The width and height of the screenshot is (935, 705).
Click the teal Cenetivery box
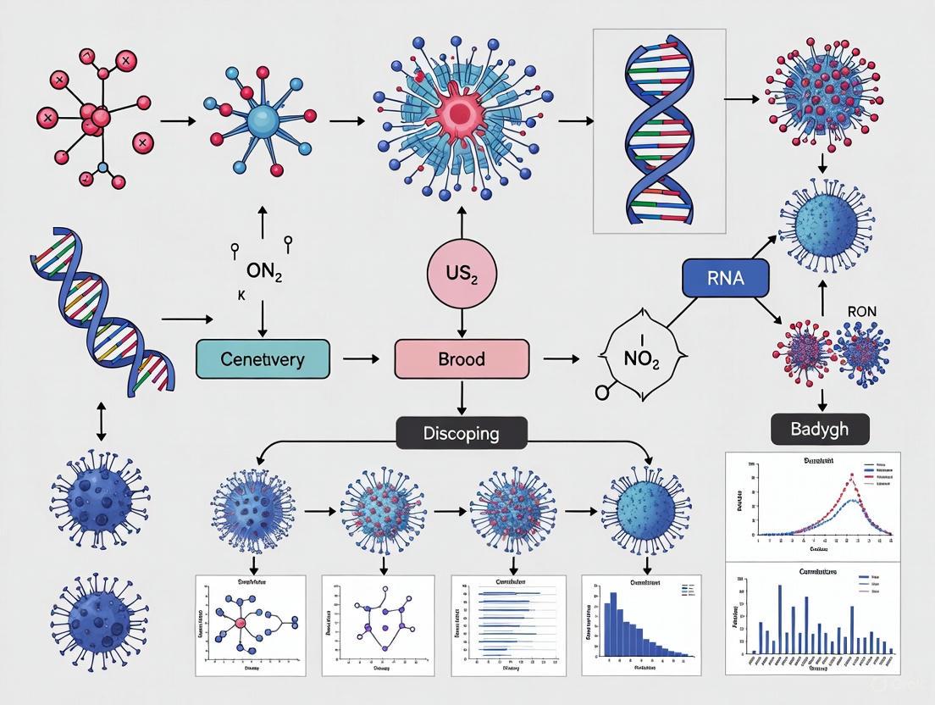pyautogui.click(x=262, y=358)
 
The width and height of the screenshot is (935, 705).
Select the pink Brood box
pyautogui.click(x=462, y=358)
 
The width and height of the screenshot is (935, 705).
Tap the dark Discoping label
pyautogui.click(x=462, y=433)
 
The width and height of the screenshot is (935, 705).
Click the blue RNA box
pyautogui.click(x=725, y=277)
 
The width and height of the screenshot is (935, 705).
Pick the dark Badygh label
pyautogui.click(x=821, y=429)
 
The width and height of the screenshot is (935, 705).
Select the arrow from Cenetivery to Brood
pyautogui.click(x=362, y=359)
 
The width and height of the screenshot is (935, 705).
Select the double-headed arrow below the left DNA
pyautogui.click(x=102, y=421)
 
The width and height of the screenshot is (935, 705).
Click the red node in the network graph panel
pyautogui.click(x=241, y=623)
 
